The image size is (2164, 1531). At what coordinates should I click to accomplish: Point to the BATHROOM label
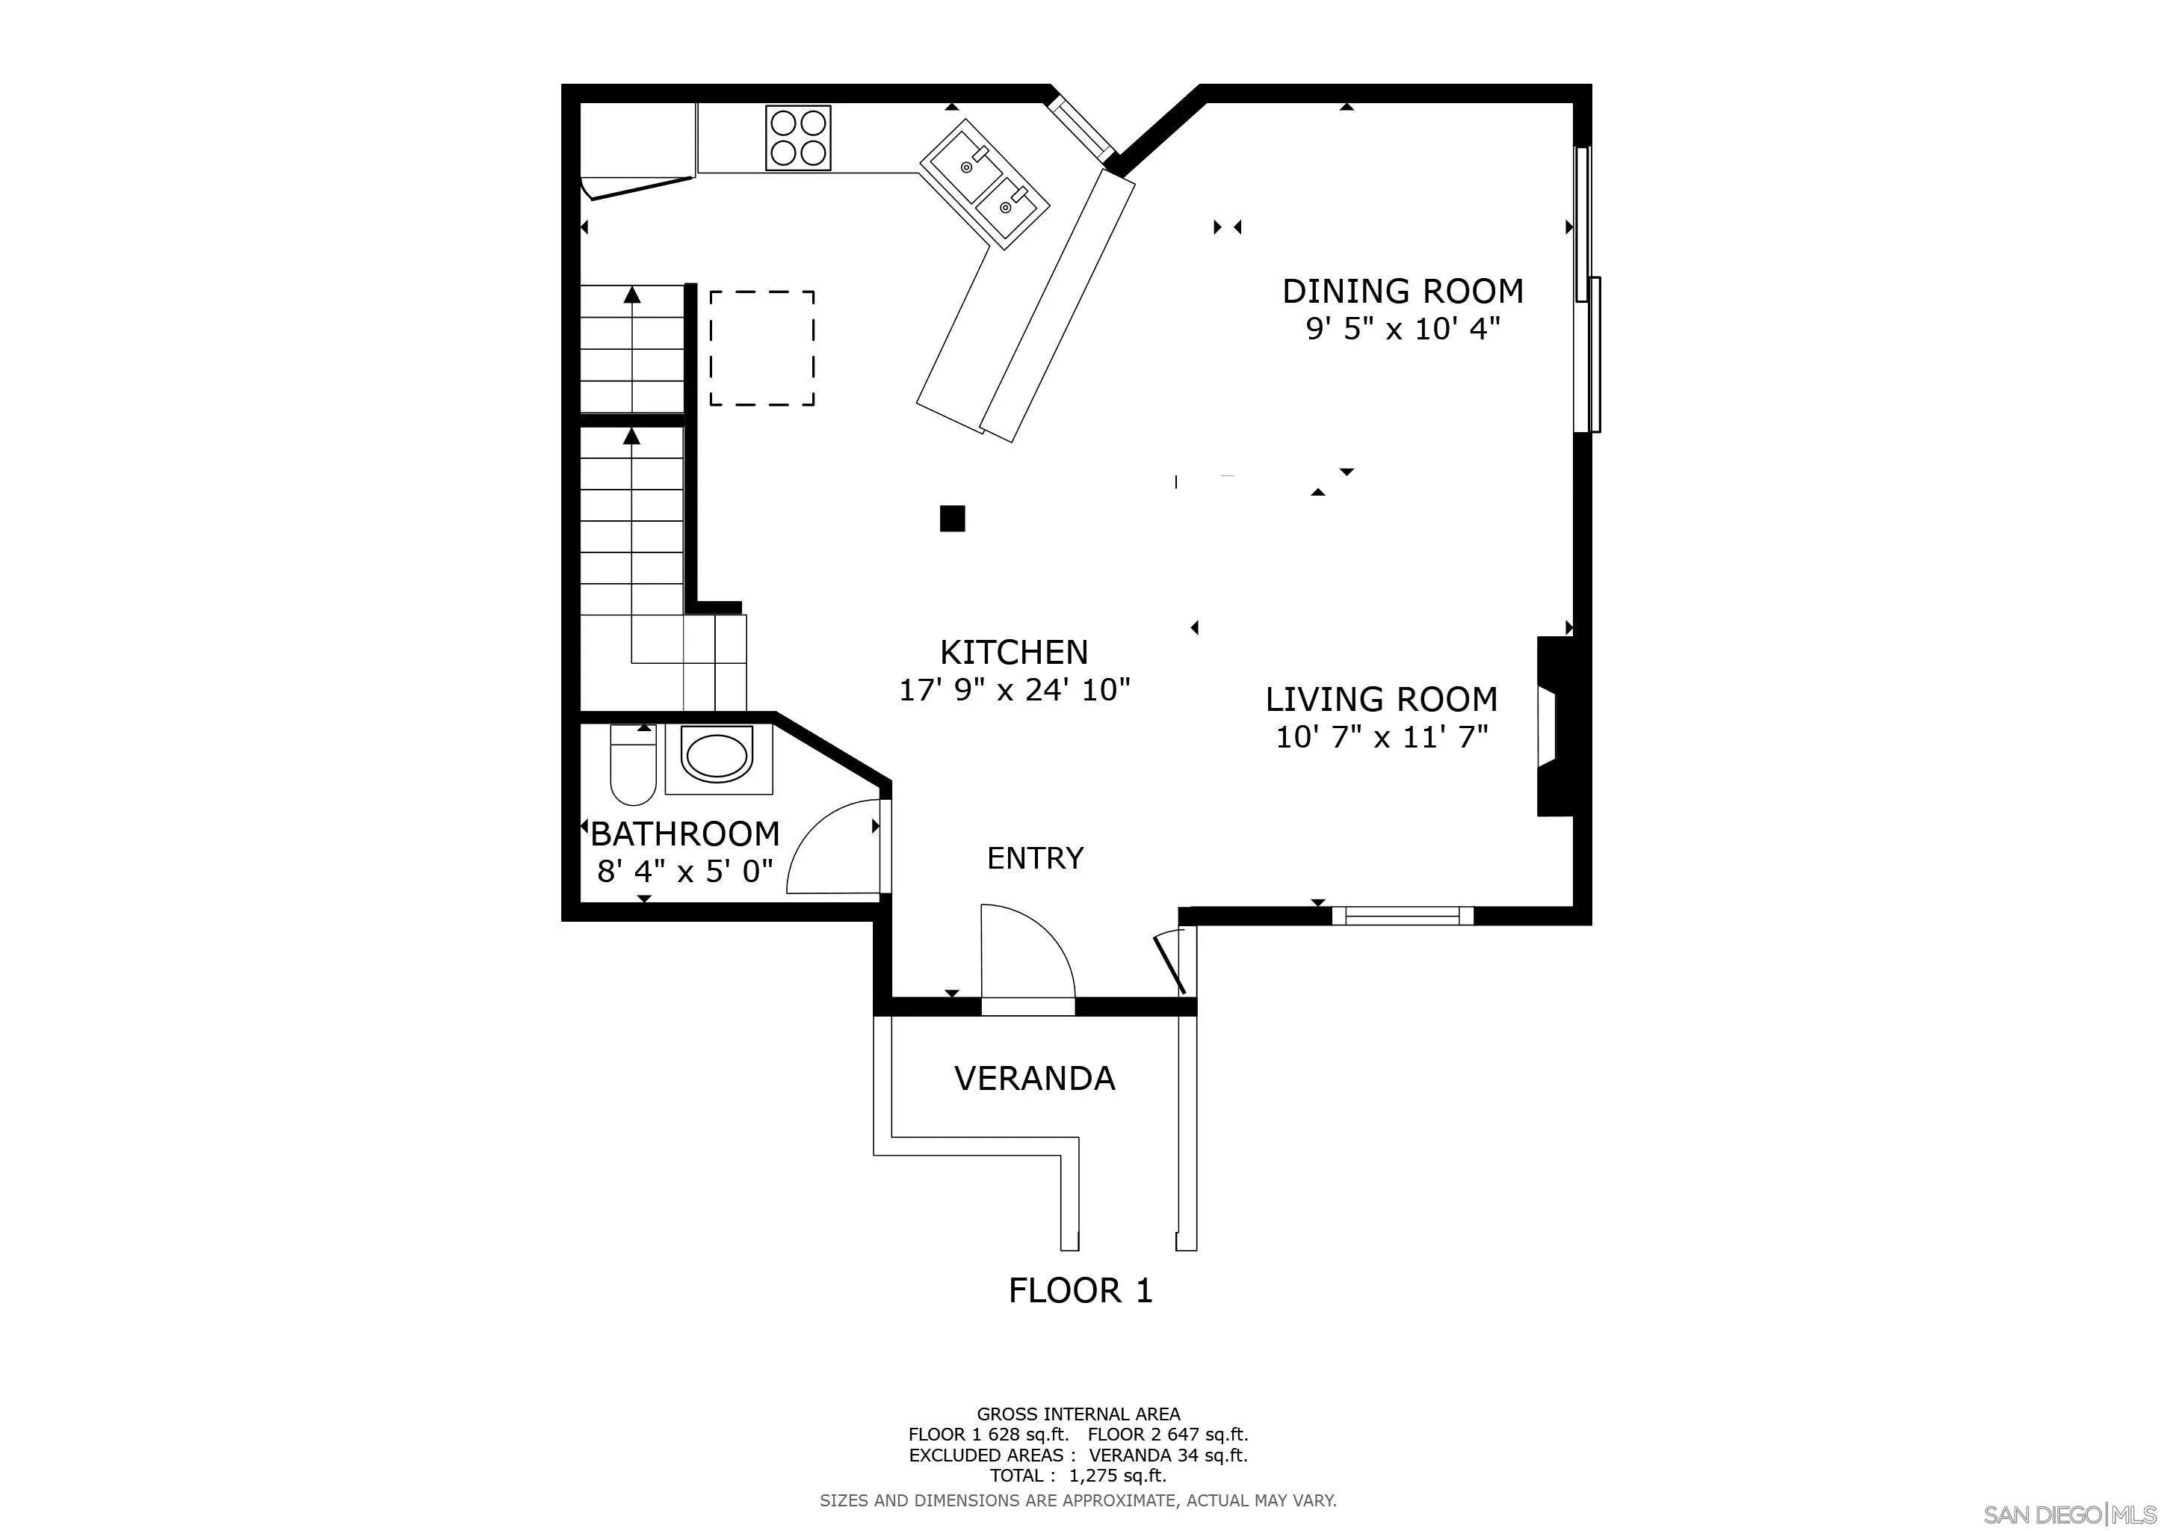(x=685, y=834)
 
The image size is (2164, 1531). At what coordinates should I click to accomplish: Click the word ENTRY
(x=1035, y=858)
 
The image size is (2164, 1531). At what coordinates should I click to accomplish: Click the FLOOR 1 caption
(x=1080, y=1290)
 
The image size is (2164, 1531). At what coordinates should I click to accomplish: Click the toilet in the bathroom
(x=634, y=763)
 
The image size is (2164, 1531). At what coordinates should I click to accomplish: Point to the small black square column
(x=952, y=519)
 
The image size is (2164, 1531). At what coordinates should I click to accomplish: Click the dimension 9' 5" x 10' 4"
(x=1403, y=329)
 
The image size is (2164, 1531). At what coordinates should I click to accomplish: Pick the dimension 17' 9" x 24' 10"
(x=1014, y=690)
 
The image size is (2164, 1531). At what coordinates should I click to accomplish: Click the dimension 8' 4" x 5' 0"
(x=685, y=870)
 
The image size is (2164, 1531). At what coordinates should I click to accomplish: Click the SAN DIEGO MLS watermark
(x=2070, y=1514)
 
